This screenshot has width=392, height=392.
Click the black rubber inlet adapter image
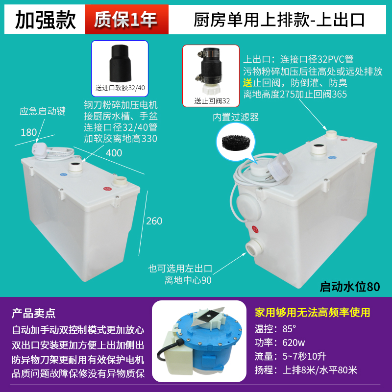(x=120, y=64)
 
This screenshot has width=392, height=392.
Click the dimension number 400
(x=114, y=153)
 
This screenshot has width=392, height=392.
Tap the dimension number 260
(x=154, y=221)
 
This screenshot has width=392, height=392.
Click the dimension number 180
(x=29, y=132)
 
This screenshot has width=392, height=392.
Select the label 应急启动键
(x=43, y=111)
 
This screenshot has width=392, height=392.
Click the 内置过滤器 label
(x=235, y=117)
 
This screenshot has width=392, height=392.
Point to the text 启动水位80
(x=349, y=286)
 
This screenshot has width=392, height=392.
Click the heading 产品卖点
(x=34, y=313)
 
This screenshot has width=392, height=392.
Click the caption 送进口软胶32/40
(x=120, y=88)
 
